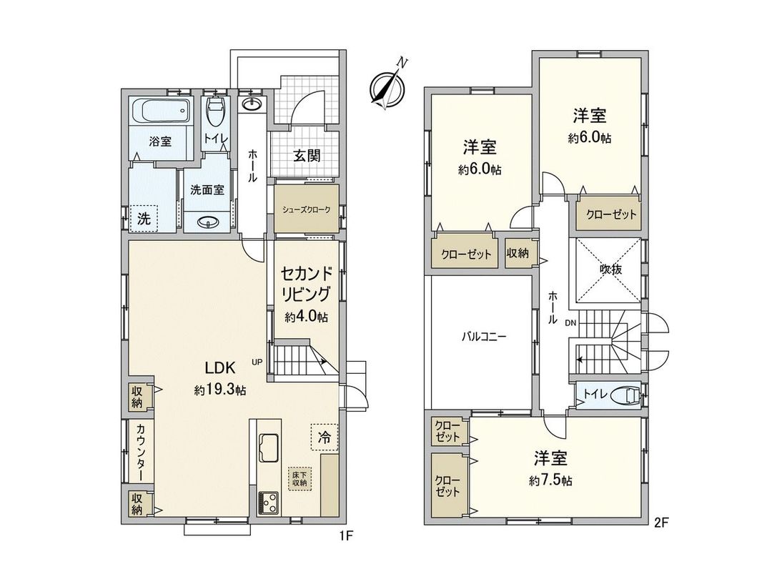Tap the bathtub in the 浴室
[162, 112]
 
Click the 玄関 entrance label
[306, 157]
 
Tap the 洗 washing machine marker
[144, 219]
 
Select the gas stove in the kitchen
[269, 502]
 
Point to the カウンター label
[141, 452]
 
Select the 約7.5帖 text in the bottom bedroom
[550, 480]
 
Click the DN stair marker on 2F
[570, 322]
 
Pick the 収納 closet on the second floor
[518, 254]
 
